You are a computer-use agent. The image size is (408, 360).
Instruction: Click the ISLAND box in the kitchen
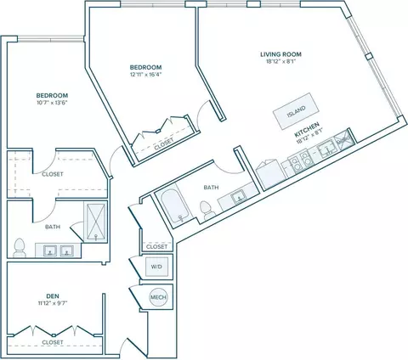296,111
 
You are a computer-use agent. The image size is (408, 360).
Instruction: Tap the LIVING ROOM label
280,54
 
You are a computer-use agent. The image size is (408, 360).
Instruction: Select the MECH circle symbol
158,297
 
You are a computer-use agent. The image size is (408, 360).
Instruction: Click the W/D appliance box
156,267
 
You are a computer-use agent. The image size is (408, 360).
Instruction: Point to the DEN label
53,296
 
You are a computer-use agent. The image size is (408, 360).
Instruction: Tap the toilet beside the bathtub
207,211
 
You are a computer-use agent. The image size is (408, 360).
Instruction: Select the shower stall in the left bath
95,222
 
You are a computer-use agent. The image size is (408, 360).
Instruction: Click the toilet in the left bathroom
20,248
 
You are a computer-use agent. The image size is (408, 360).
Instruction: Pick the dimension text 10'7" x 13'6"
52,103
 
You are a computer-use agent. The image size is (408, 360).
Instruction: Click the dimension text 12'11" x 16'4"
145,75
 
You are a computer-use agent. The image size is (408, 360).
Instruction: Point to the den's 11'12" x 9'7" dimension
53,303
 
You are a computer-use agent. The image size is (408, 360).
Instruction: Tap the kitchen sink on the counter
326,150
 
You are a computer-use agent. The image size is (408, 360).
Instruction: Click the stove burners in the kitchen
300,162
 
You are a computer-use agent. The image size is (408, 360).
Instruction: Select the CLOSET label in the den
53,342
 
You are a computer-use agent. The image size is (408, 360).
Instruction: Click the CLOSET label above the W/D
156,247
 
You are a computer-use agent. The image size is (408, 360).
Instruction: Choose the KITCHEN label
307,129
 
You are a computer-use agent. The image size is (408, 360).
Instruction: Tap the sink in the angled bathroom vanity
238,196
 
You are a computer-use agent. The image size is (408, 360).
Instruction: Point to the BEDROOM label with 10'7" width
52,95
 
